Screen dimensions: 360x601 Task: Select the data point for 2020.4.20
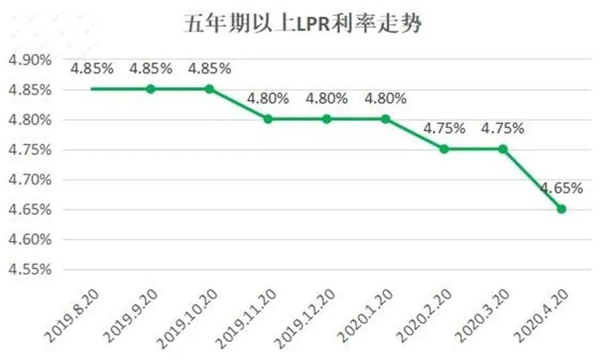pyautogui.click(x=562, y=209)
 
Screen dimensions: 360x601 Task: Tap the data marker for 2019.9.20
pyautogui.click(x=151, y=89)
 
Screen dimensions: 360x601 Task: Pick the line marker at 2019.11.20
pyautogui.click(x=268, y=119)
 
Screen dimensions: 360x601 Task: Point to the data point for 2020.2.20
pyautogui.click(x=444, y=149)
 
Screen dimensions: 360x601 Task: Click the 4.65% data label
pyautogui.click(x=562, y=188)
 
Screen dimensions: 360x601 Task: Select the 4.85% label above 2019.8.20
pyautogui.click(x=92, y=68)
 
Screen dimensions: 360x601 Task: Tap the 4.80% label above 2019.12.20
pyautogui.click(x=327, y=98)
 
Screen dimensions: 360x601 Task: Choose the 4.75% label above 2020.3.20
pyautogui.click(x=503, y=128)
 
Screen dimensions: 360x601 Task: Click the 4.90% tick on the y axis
pyautogui.click(x=29, y=60)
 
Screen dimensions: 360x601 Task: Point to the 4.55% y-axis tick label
pyautogui.click(x=29, y=269)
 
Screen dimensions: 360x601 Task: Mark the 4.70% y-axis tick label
pyautogui.click(x=29, y=180)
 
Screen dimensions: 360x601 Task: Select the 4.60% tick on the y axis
pyautogui.click(x=29, y=239)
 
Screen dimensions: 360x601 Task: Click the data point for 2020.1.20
pyautogui.click(x=385, y=119)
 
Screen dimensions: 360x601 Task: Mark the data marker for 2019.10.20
pyautogui.click(x=209, y=89)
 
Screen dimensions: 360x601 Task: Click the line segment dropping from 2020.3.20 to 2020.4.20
pyautogui.click(x=532, y=179)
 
